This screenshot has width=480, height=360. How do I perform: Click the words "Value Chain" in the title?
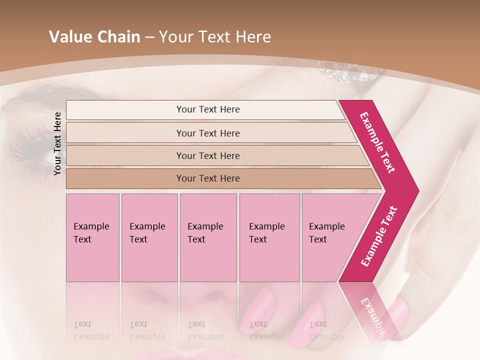tap(94, 37)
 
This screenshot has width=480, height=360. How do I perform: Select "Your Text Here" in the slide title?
tap(215, 37)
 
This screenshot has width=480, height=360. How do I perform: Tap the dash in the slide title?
tap(149, 37)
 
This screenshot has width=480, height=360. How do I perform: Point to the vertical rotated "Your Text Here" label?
tap(57, 143)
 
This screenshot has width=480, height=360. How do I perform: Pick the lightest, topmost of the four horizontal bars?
tap(207, 109)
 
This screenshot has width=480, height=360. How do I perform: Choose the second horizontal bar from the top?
tap(207, 133)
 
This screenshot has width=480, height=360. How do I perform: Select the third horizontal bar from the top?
tap(207, 155)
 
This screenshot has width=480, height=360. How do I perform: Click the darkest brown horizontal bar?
tap(207, 178)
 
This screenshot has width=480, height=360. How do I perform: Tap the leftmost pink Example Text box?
tap(92, 237)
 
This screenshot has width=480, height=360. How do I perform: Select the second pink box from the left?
tap(149, 237)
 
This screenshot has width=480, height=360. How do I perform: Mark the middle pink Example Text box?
tap(208, 237)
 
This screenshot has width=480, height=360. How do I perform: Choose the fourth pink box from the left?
tap(269, 237)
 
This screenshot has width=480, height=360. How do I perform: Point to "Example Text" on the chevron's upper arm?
tap(378, 142)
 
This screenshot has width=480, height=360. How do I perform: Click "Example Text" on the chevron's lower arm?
tap(378, 236)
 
